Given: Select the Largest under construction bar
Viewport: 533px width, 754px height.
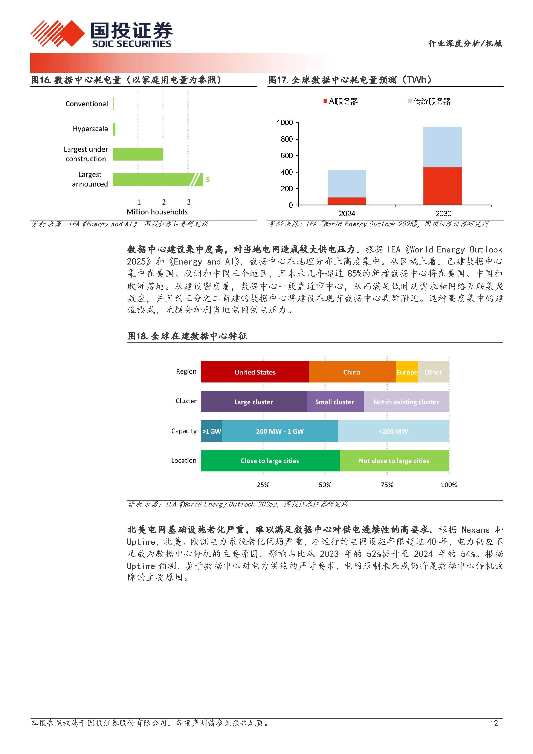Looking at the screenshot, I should [138, 154].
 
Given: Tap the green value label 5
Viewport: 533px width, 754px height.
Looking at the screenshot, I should [208, 180].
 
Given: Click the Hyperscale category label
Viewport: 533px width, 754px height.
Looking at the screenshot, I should [90, 129].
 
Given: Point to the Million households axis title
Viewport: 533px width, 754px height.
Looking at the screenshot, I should [157, 212].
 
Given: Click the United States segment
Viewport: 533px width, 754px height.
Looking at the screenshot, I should [255, 372].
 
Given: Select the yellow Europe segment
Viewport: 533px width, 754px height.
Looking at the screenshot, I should [407, 372].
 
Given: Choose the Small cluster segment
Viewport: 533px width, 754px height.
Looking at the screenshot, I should [335, 402].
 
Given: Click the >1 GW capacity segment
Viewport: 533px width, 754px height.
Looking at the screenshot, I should [211, 431].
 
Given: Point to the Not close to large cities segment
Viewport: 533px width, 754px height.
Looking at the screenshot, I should [394, 461].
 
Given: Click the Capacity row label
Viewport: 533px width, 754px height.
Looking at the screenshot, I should [184, 431].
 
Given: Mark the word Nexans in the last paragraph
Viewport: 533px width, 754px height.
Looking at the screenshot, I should [475, 530].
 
